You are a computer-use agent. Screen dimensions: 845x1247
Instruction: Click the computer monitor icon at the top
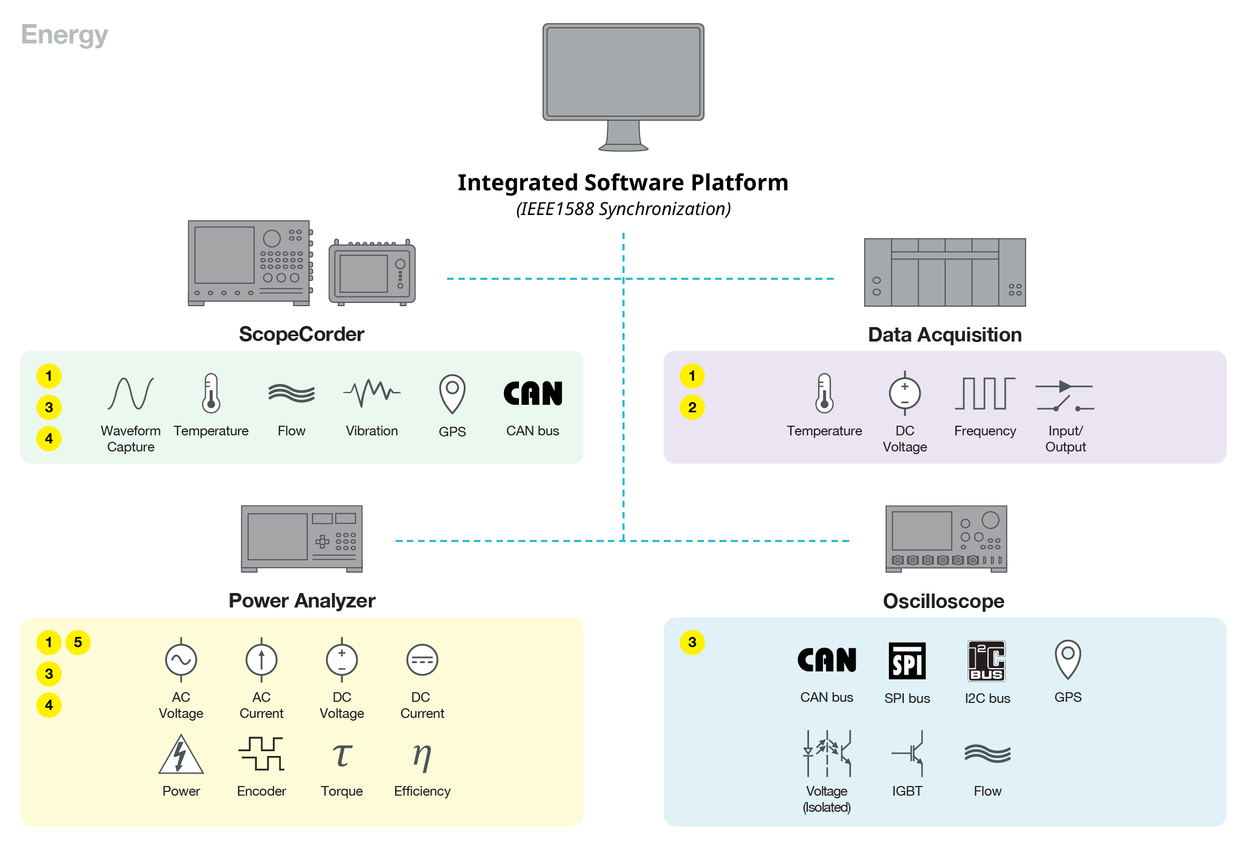pyautogui.click(x=623, y=86)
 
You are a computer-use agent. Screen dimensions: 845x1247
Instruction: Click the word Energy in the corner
pyautogui.click(x=64, y=35)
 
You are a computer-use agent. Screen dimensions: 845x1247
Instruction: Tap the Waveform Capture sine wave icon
pyautogui.click(x=130, y=393)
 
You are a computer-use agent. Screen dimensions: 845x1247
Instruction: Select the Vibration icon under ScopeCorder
pyautogui.click(x=372, y=393)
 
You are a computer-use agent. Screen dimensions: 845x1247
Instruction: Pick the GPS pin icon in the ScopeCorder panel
pyautogui.click(x=452, y=393)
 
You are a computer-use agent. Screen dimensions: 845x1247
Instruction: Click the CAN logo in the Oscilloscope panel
pyautogui.click(x=826, y=660)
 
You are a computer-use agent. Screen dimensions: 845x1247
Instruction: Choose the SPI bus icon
pyautogui.click(x=907, y=661)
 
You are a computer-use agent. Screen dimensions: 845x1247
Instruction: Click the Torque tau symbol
pyautogui.click(x=342, y=755)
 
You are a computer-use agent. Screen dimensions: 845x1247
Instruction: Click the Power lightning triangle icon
pyautogui.click(x=181, y=754)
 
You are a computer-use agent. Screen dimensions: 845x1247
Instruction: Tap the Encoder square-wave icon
pyautogui.click(x=261, y=753)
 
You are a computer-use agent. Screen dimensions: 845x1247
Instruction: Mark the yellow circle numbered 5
pyautogui.click(x=78, y=642)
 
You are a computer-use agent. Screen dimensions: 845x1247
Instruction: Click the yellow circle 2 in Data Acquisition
pyautogui.click(x=692, y=407)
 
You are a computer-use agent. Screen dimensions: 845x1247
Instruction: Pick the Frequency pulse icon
pyautogui.click(x=985, y=393)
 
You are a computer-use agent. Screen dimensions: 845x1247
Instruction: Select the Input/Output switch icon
pyautogui.click(x=1065, y=396)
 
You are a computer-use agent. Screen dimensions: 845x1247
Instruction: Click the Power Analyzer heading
pyautogui.click(x=301, y=601)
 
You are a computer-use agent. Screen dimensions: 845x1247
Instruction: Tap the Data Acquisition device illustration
pyautogui.click(x=945, y=272)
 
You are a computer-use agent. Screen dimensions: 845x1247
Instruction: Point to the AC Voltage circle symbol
pyautogui.click(x=181, y=660)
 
